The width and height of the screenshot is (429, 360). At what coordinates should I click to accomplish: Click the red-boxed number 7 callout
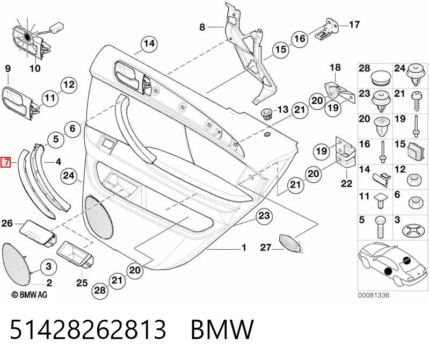point(6,162)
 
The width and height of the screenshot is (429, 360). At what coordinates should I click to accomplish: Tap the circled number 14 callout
point(149,44)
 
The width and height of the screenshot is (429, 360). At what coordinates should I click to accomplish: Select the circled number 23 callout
point(264,216)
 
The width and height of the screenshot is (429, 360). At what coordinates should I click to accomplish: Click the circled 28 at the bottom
point(99,290)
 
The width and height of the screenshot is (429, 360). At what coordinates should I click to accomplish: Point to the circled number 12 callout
point(69,84)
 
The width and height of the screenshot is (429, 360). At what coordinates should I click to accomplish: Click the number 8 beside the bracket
point(202,27)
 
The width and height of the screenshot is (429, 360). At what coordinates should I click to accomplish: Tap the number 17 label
point(354,25)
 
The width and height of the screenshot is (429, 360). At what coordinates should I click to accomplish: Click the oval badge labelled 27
point(290,243)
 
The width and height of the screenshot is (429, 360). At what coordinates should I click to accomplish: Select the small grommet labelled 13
point(266,113)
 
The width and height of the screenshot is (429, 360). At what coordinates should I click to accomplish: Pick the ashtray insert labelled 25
point(76,256)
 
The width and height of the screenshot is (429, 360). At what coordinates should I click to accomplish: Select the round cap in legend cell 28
point(381,77)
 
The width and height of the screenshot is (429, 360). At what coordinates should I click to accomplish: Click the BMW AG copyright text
point(30,294)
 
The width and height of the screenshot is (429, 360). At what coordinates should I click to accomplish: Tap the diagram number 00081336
point(374,295)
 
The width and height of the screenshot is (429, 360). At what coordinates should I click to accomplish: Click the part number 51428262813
point(88,329)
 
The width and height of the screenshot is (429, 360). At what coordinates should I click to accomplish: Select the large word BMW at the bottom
point(222,329)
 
